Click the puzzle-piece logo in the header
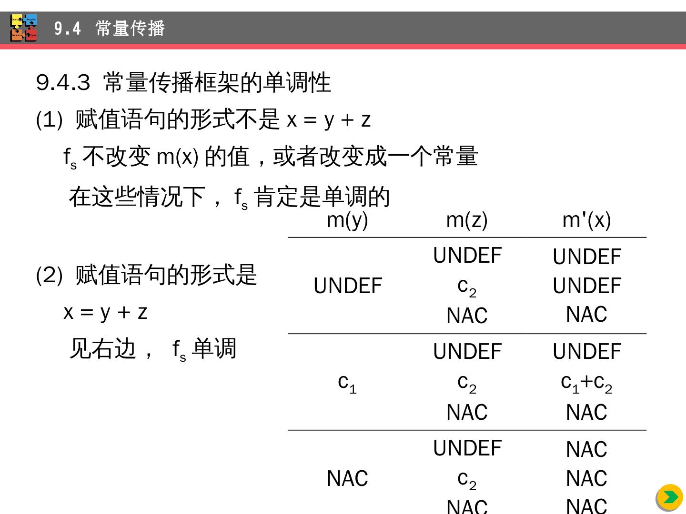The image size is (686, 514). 24,28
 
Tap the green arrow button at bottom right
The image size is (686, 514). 669,497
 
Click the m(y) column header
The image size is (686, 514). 347,220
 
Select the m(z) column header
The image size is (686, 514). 467,220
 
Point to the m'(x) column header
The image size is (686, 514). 586,220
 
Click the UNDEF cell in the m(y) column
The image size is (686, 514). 348,286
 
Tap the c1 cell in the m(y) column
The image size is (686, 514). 347,382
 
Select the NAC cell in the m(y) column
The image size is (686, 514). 347,478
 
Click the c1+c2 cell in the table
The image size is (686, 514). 586,382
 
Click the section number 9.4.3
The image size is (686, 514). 63,82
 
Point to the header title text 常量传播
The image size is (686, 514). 130,29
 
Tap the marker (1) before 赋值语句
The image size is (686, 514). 49,119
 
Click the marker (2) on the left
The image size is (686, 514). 49,275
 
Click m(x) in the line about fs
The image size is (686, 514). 177,157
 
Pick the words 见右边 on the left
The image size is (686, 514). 103,349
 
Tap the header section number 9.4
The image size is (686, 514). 67,29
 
